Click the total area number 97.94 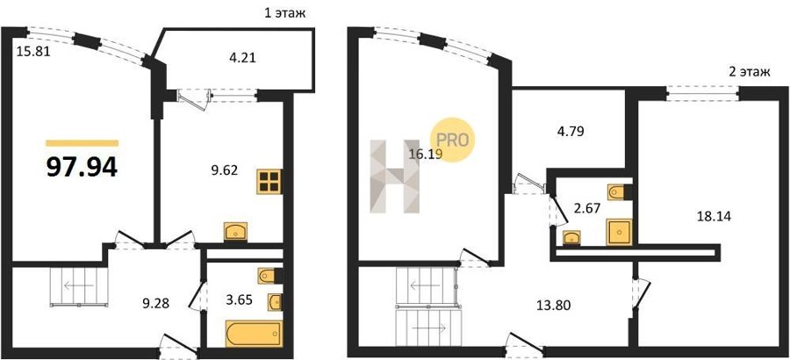(x=82, y=167)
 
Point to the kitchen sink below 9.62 (x=234, y=231)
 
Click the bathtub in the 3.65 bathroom (x=254, y=334)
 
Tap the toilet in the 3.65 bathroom (x=269, y=276)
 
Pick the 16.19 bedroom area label (x=425, y=155)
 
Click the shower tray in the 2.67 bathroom (x=618, y=232)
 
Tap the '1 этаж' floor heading (x=284, y=13)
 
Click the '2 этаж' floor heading (x=750, y=72)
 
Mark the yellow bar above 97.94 (x=83, y=143)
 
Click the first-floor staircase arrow (x=75, y=286)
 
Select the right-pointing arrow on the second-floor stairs (x=428, y=328)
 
